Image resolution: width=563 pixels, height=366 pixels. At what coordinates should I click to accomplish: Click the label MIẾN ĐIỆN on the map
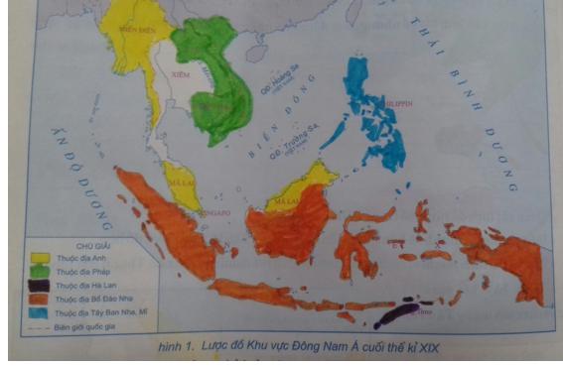click(x=140, y=31)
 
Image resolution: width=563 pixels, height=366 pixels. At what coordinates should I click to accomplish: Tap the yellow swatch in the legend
click(x=40, y=257)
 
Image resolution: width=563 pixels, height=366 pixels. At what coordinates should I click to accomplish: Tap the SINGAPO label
click(x=214, y=212)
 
